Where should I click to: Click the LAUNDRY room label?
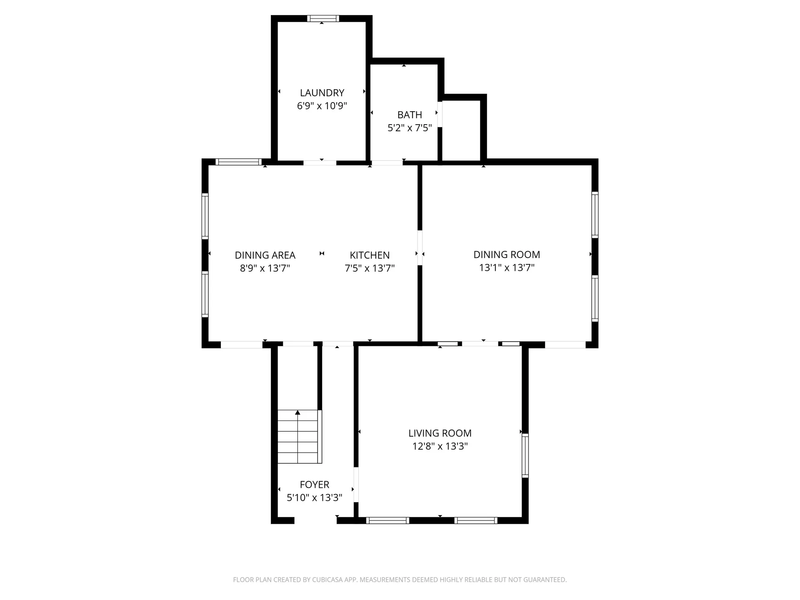point(322,92)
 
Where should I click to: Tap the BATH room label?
point(410,115)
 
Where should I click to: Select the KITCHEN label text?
point(370,255)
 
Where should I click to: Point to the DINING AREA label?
point(265,255)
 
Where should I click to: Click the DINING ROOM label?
point(507,254)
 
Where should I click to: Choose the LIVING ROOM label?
point(440,433)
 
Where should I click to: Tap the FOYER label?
point(315,485)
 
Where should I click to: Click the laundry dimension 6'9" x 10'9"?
point(322,106)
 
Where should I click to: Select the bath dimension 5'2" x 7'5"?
point(410,127)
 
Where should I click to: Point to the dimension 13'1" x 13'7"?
point(507,267)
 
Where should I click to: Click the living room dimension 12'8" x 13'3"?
point(440,446)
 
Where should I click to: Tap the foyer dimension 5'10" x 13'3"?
point(315,497)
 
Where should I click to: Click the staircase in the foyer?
point(300,437)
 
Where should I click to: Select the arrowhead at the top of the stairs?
point(297,412)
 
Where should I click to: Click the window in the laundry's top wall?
point(323,18)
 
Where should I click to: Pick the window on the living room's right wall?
point(525,455)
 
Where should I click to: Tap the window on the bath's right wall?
point(440,114)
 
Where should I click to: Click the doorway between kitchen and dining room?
point(420,247)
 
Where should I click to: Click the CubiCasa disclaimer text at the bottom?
point(400,580)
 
